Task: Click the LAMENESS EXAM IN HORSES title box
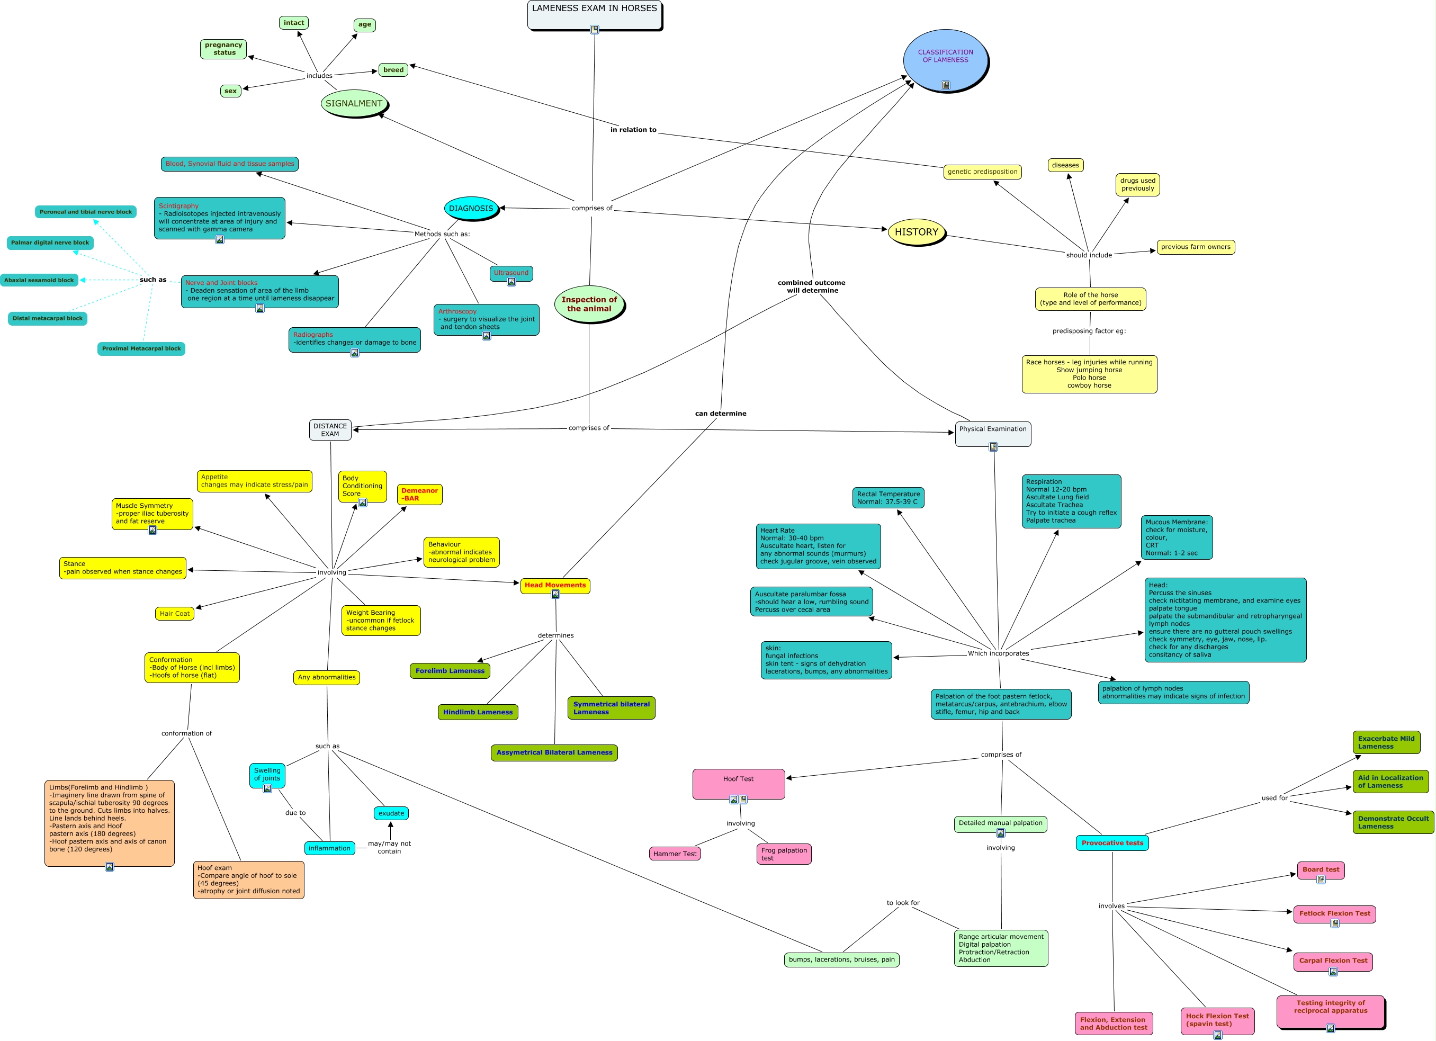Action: [594, 15]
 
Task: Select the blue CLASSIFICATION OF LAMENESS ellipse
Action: [945, 60]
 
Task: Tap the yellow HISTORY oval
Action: [917, 232]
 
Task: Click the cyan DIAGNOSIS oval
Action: [471, 208]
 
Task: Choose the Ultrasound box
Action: [511, 274]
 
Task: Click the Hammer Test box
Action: [675, 854]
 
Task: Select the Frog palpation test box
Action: [784, 854]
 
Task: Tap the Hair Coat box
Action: [175, 614]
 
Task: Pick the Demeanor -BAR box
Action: [420, 495]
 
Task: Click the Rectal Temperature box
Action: [888, 498]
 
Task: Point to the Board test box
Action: [1321, 871]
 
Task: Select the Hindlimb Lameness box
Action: [478, 712]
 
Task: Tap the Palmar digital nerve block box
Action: [50, 243]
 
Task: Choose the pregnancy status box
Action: [223, 49]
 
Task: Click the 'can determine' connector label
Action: [721, 414]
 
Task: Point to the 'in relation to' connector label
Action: [633, 130]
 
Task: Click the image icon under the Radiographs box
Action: [355, 353]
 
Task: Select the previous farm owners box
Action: [1196, 247]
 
